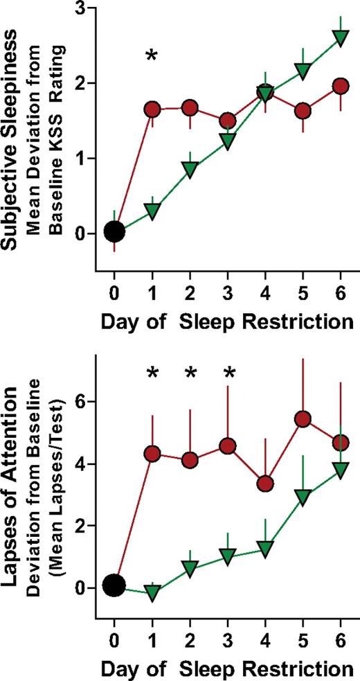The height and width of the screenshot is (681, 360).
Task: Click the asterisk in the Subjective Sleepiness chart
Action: pos(152,55)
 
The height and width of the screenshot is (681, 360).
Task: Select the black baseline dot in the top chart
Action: pos(114,231)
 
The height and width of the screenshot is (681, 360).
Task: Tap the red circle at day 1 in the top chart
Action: pos(152,109)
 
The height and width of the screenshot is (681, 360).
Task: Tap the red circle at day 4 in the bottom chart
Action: pos(265,483)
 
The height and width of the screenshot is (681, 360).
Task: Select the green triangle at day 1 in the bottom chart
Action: pos(152,592)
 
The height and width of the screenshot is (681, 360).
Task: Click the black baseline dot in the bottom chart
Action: pos(114,586)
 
